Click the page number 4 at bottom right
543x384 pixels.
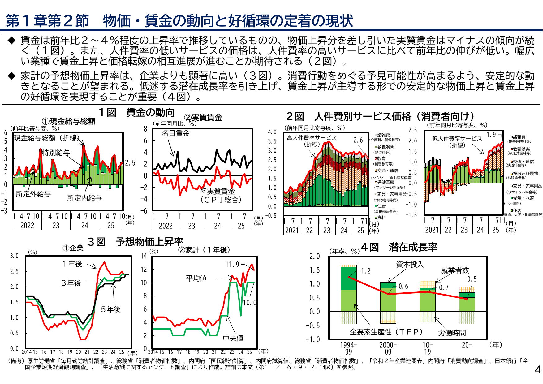(537, 369)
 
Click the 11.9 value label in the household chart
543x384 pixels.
(232, 265)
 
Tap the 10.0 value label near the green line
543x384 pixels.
(250, 302)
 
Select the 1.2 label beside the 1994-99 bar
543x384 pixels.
(366, 271)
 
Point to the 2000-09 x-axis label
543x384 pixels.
(388, 348)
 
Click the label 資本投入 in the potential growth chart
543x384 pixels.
(410, 264)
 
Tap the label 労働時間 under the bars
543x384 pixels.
(452, 333)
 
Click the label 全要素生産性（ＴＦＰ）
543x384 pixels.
(386, 332)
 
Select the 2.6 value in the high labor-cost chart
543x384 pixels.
(358, 140)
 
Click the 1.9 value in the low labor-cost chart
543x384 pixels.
(491, 135)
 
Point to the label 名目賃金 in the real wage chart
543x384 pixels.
(176, 133)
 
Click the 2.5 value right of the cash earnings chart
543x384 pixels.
(130, 163)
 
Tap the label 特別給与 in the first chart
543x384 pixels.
(56, 153)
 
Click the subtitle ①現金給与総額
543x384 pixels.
(69, 121)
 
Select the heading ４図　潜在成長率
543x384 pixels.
(399, 247)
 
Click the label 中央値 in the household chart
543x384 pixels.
(233, 338)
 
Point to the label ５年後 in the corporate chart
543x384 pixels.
(111, 309)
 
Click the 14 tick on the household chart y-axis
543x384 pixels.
(144, 256)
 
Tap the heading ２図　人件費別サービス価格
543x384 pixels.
(380, 116)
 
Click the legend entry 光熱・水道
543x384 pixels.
(523, 198)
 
